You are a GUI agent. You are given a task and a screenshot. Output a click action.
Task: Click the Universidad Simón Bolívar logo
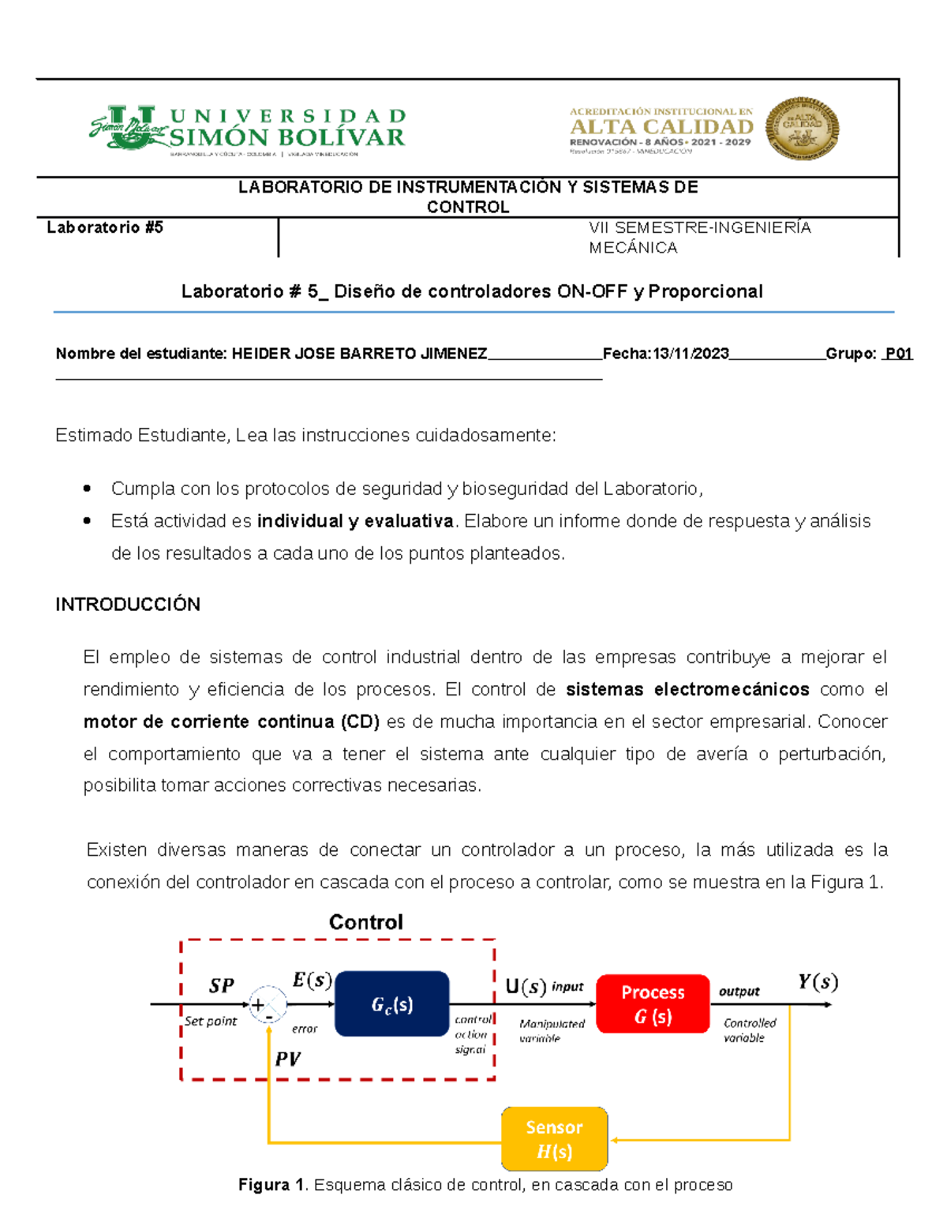(x=247, y=129)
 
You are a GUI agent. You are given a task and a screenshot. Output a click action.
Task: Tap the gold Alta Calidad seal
(x=802, y=129)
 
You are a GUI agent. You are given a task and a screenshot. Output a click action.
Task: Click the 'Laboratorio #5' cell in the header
(x=105, y=228)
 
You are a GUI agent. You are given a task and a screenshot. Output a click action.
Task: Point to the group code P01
(x=898, y=354)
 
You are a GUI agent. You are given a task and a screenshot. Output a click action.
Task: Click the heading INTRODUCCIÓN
(x=128, y=605)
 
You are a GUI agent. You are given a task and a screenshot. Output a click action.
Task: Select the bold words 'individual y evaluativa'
(x=355, y=521)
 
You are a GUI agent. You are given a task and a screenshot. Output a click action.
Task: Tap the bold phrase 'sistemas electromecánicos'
(x=687, y=689)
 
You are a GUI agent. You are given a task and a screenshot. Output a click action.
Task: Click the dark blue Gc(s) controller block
(x=392, y=1004)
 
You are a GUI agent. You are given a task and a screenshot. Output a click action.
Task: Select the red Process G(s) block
(x=653, y=1004)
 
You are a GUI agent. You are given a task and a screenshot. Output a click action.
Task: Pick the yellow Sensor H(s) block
(x=554, y=1139)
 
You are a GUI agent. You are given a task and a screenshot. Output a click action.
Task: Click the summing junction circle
(x=268, y=1005)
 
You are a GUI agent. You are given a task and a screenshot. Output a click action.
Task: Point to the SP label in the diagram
(x=222, y=986)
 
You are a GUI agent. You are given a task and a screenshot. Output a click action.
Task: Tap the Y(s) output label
(x=818, y=982)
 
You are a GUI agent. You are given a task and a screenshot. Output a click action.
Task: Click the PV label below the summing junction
(x=287, y=1059)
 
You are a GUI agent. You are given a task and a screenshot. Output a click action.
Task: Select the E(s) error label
(x=312, y=980)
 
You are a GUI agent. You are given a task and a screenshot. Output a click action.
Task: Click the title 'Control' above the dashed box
(x=365, y=922)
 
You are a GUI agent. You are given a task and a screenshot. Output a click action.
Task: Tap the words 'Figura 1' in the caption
(x=271, y=1185)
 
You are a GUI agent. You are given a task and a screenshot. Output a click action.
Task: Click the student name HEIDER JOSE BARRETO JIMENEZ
(x=359, y=354)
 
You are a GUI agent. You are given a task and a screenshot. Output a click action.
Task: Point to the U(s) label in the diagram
(x=526, y=987)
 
